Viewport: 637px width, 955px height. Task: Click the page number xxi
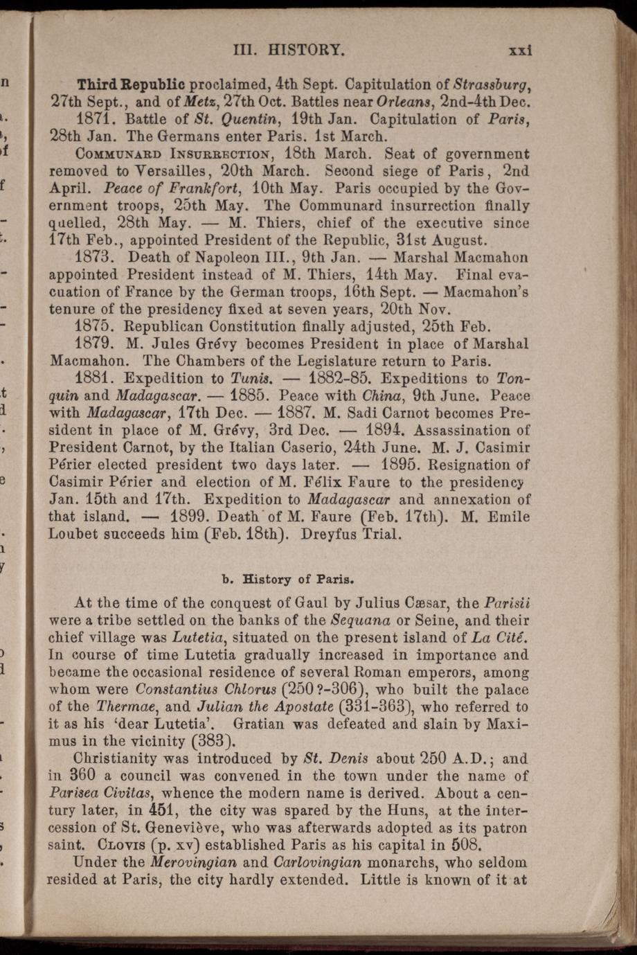(x=519, y=51)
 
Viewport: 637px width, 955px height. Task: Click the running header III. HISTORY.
(x=289, y=51)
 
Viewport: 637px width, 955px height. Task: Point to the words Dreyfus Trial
(x=342, y=534)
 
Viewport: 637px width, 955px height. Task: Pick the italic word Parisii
(x=508, y=603)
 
